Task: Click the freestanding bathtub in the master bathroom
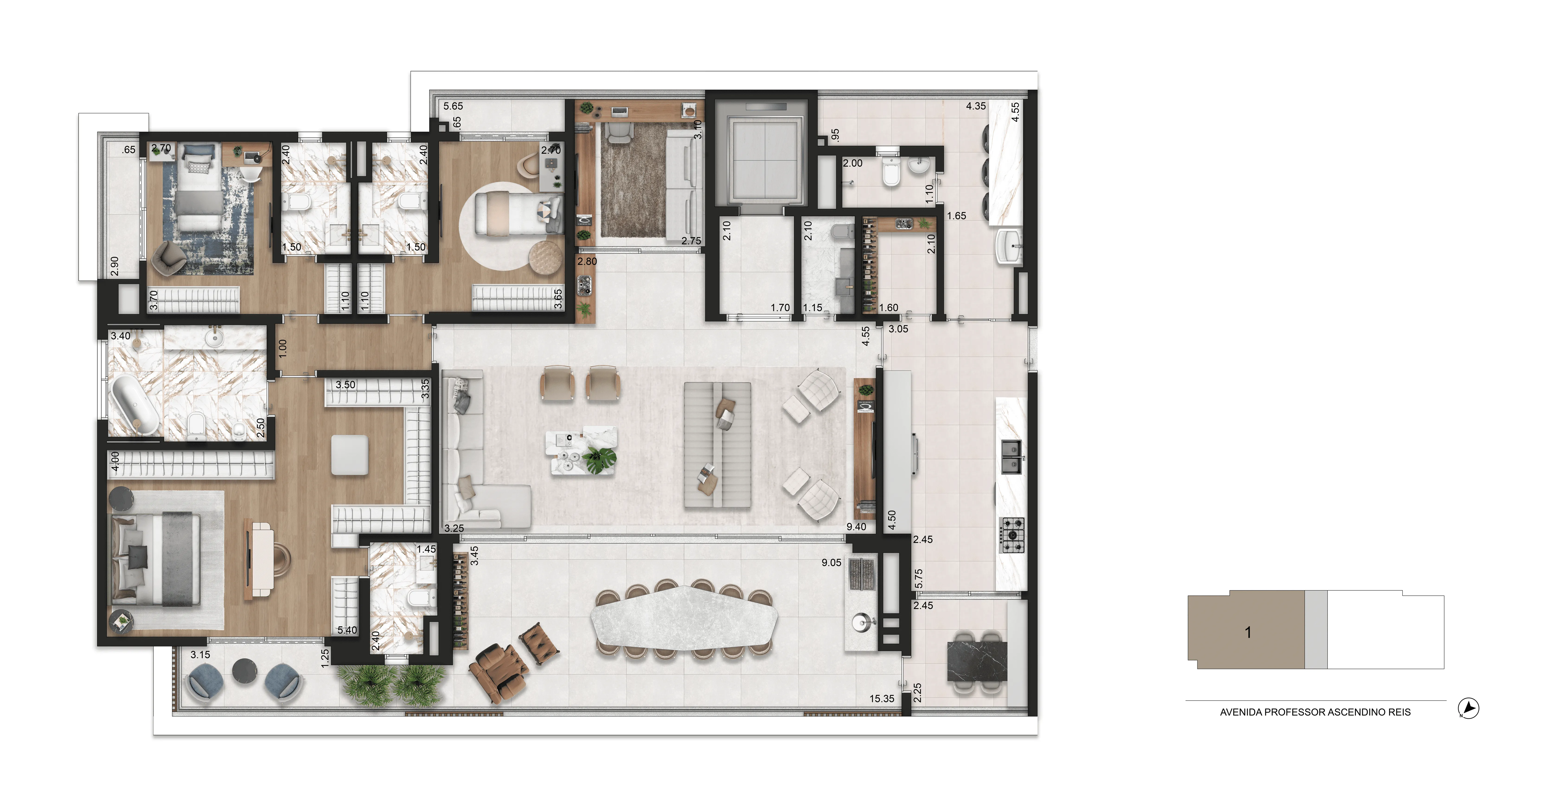point(134,404)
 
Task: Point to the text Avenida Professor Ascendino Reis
point(1315,712)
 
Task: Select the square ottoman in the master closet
point(350,454)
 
